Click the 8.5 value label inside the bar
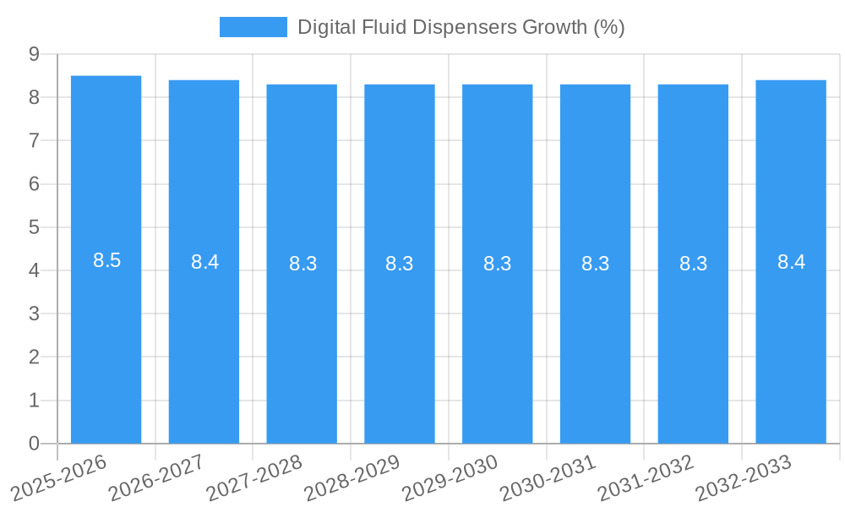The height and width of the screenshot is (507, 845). coord(107,261)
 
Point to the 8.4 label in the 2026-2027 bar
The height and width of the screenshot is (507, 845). coord(204,262)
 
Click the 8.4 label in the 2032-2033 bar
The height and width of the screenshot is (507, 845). coord(791,262)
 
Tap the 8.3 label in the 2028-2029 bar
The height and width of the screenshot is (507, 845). coord(399,264)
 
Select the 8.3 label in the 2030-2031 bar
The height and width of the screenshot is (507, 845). coord(595,264)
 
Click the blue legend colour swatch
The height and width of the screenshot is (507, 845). coord(253,27)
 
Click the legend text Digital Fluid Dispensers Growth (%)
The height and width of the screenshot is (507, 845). coord(461,27)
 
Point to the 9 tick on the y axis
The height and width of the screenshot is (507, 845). coord(34,54)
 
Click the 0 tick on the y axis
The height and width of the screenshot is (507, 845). coord(34,444)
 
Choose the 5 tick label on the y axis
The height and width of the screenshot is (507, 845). coord(34,227)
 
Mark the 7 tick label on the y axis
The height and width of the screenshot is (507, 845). coord(34,140)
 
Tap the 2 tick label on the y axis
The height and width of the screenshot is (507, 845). coord(34,357)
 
